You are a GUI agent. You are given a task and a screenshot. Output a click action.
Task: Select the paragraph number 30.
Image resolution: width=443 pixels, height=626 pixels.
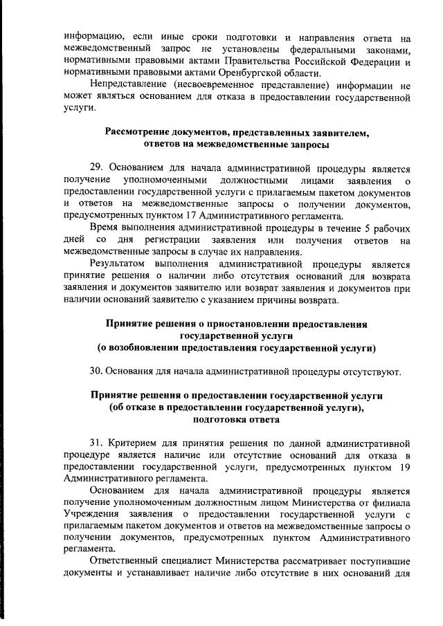(97, 371)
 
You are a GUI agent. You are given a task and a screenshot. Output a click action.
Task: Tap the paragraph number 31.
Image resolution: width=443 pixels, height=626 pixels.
(97, 441)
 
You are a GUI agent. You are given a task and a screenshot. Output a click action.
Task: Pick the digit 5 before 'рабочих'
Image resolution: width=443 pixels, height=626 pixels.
(367, 228)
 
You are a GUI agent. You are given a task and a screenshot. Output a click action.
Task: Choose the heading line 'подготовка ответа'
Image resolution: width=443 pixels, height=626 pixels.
(237, 419)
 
